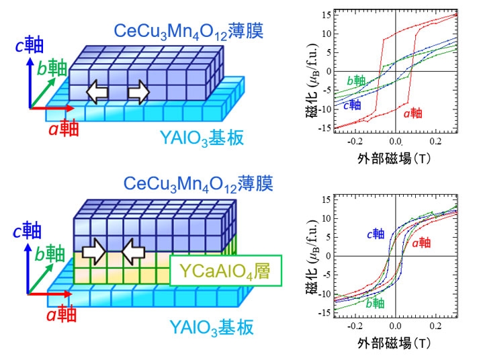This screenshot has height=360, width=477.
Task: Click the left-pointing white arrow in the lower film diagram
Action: [x=132, y=254]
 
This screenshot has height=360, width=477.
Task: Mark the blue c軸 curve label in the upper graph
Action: [x=351, y=104]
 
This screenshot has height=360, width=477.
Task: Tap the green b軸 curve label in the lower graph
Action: [x=377, y=302]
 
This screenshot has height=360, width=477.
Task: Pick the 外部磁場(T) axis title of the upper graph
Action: [x=394, y=159]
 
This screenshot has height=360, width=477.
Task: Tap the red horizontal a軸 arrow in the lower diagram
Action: [x=51, y=294]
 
